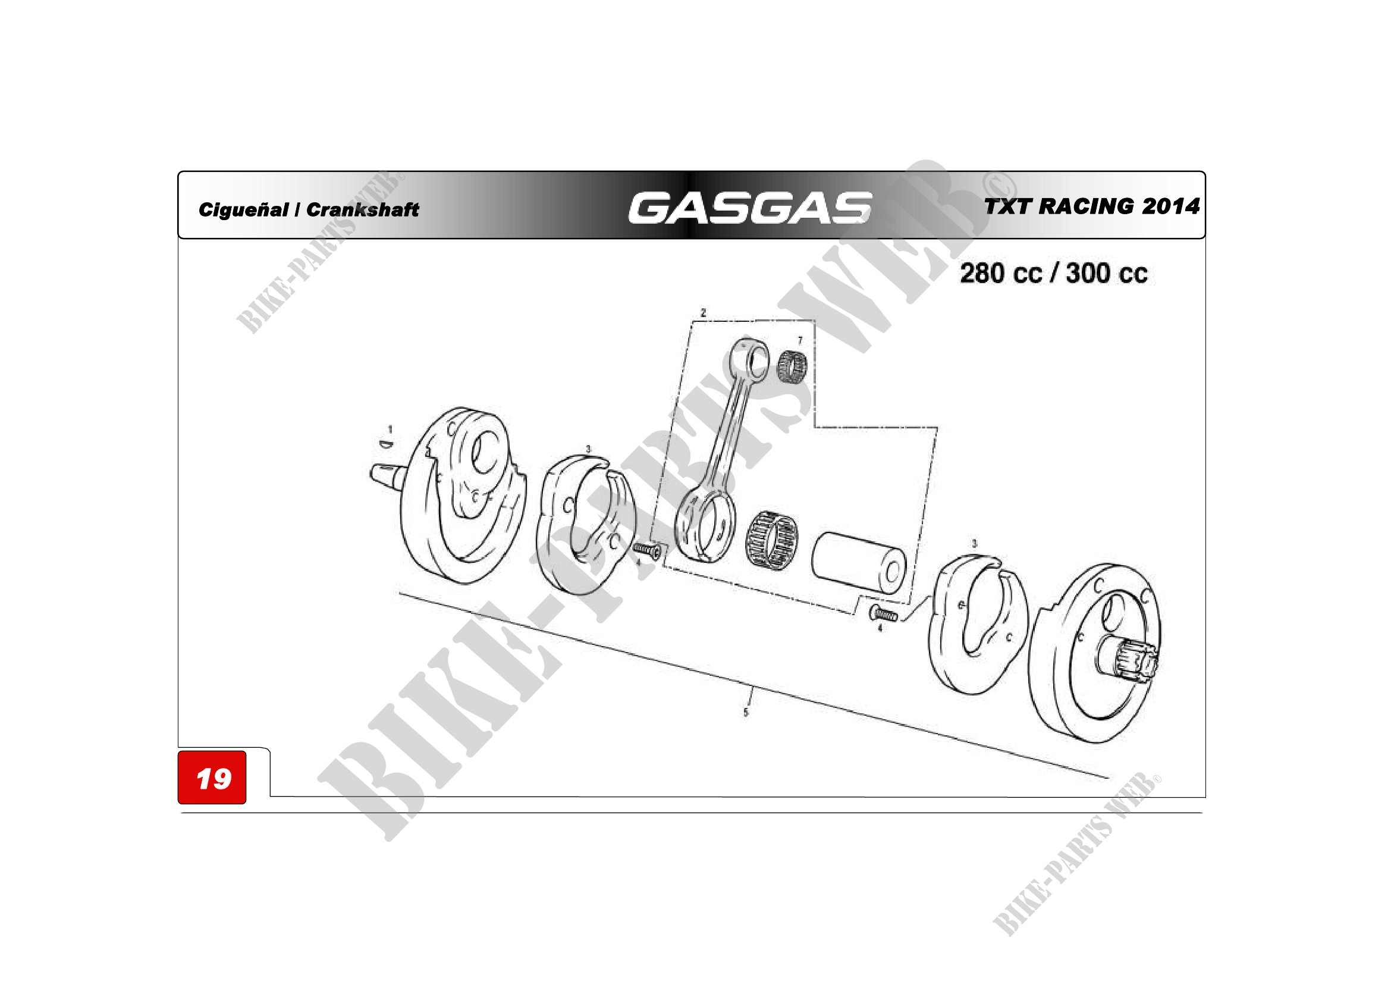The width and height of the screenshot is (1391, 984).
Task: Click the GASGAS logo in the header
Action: coord(750,208)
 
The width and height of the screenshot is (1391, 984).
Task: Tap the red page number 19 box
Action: coord(212,778)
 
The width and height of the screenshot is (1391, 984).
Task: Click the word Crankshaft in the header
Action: coord(362,209)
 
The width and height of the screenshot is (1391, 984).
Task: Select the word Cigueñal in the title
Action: coord(244,209)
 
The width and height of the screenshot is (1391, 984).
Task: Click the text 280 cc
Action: coord(1001,273)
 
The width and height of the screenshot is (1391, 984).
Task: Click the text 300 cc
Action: coord(1107,273)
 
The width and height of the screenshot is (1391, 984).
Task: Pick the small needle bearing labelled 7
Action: coord(792,366)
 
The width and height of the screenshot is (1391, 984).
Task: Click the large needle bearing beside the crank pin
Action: coord(771,539)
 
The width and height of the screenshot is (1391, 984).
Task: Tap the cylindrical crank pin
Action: coord(859,562)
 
